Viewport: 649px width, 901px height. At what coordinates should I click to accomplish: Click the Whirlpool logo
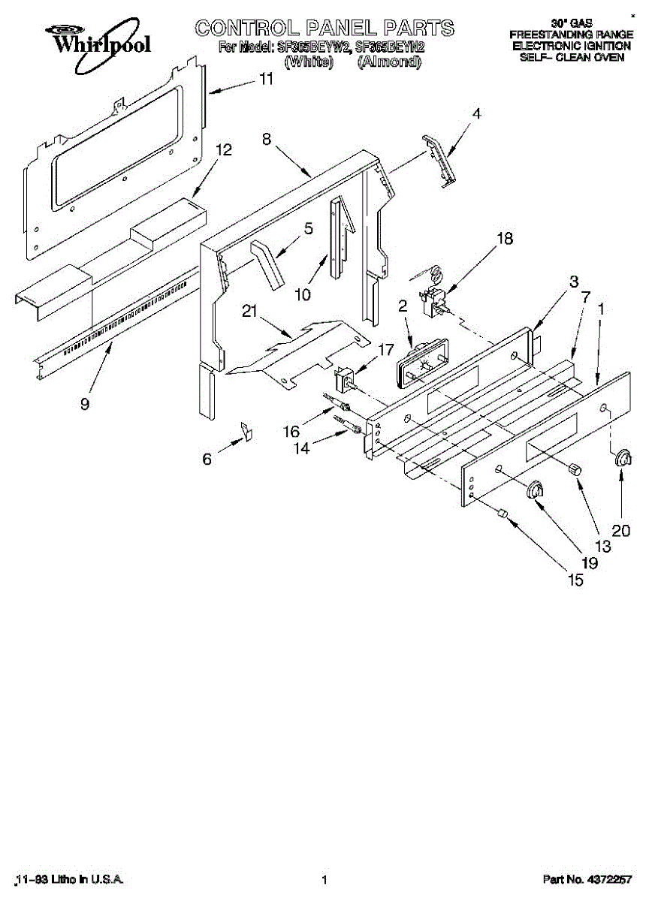98,40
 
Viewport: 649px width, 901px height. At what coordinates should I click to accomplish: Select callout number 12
223,150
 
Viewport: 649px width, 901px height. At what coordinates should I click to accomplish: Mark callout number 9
85,403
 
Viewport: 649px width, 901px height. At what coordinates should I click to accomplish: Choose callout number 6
207,459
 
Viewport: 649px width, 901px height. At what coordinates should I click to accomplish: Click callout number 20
620,531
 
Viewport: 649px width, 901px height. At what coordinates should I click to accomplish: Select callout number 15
575,580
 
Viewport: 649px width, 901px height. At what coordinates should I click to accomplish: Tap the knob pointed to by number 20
622,460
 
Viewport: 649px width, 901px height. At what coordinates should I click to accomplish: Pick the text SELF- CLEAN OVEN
572,57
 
